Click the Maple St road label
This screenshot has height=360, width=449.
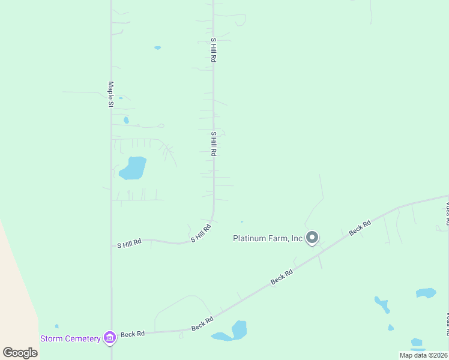[110, 94]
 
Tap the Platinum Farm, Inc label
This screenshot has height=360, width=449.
[268, 238]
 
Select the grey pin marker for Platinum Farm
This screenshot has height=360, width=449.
[312, 238]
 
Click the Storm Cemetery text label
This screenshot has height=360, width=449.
[70, 338]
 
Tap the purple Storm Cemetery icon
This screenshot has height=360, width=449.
[109, 338]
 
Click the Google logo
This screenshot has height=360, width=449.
[20, 352]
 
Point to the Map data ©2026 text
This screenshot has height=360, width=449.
[423, 355]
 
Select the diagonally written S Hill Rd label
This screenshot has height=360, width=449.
[202, 233]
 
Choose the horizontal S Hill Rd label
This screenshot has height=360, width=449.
[129, 244]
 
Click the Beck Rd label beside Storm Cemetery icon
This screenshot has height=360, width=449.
[133, 334]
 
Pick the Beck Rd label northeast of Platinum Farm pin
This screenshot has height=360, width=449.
[361, 228]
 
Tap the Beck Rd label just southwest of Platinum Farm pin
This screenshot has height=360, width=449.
[281, 276]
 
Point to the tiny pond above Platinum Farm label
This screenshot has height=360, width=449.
[242, 222]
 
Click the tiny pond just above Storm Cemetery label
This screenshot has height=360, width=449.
[56, 326]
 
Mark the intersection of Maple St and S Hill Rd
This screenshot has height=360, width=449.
[111, 246]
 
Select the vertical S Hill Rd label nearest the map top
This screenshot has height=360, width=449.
[213, 50]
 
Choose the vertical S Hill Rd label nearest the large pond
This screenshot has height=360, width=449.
[213, 144]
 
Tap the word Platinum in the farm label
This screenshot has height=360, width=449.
[251, 238]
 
